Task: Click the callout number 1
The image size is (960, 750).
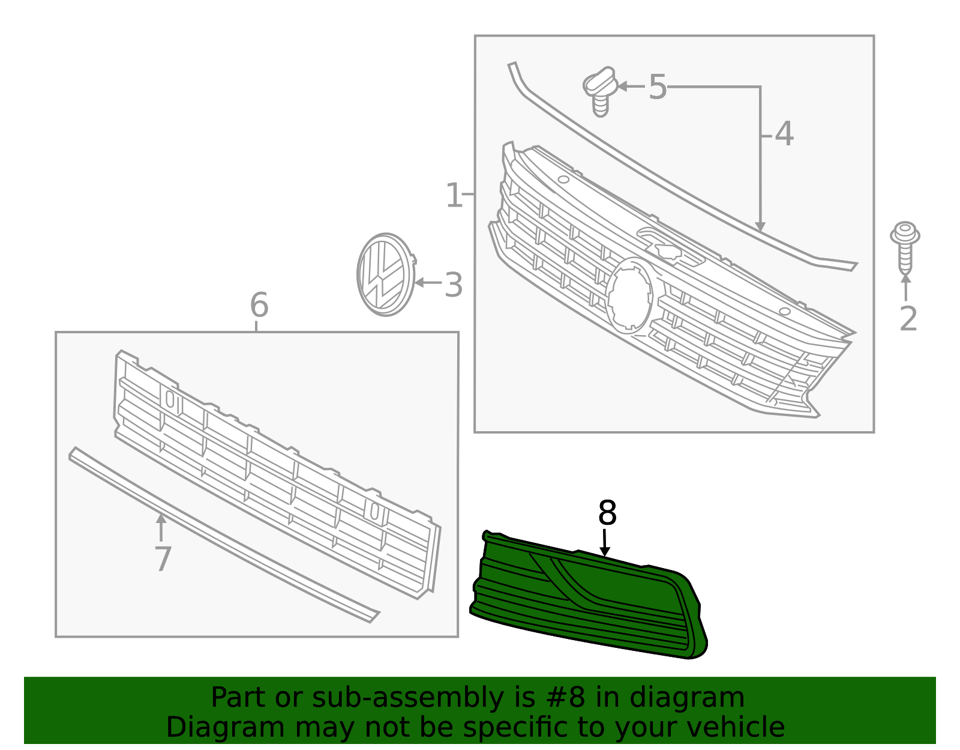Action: (x=454, y=196)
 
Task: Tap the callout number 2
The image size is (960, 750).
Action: (x=908, y=318)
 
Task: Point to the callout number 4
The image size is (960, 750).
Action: (x=784, y=134)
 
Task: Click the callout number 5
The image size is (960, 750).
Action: (x=658, y=88)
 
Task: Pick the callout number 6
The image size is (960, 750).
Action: (x=259, y=305)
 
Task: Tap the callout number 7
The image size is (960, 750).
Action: (x=163, y=558)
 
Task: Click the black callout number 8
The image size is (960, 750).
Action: (x=607, y=513)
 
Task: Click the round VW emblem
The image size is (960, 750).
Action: (x=385, y=274)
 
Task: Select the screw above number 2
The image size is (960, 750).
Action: (x=905, y=246)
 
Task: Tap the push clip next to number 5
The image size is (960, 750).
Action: (x=600, y=91)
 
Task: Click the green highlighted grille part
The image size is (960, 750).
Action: (x=600, y=606)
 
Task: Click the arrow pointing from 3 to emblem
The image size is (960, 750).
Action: (x=427, y=282)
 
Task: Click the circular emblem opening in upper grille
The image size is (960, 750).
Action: (x=628, y=296)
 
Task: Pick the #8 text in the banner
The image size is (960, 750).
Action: (x=557, y=698)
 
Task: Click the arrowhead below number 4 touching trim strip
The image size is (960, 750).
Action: (x=760, y=226)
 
